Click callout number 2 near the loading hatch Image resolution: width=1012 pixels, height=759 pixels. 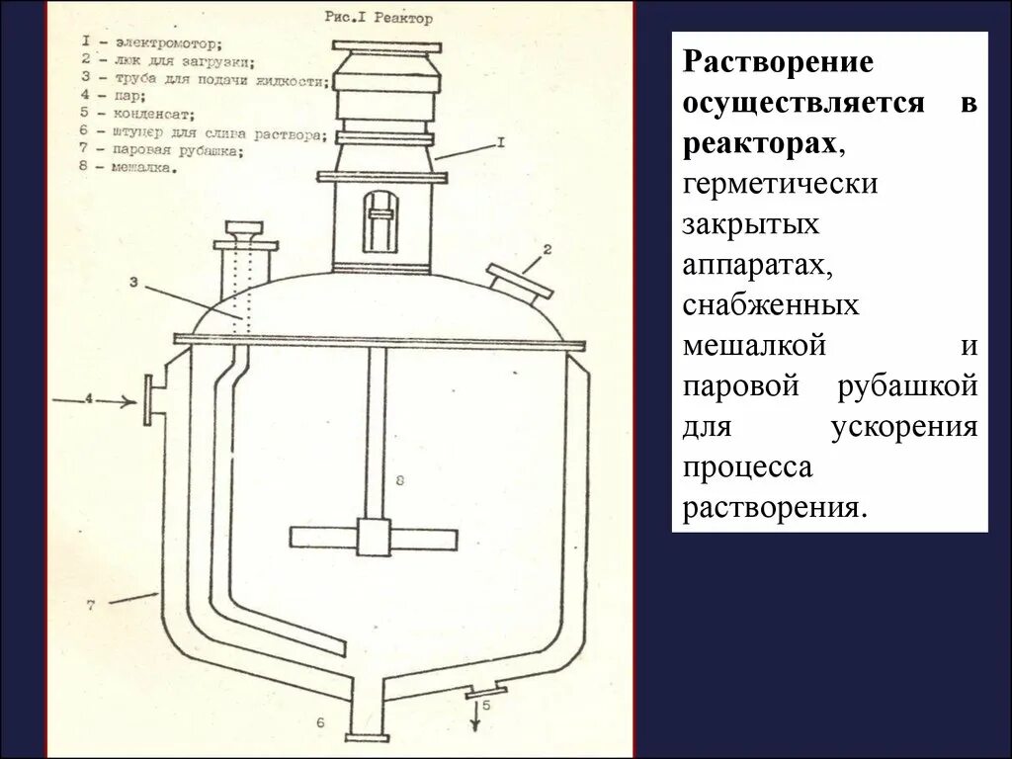(x=545, y=248)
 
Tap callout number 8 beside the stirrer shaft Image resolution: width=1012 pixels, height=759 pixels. (x=398, y=481)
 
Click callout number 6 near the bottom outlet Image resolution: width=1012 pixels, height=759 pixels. (x=320, y=723)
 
